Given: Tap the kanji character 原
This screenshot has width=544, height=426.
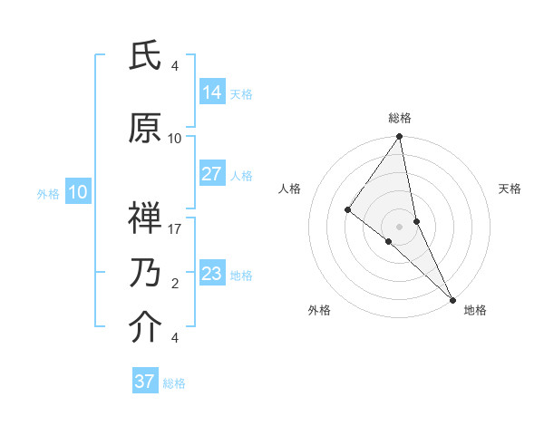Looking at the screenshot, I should [x=145, y=129].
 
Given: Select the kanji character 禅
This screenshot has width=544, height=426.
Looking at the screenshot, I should [x=145, y=218].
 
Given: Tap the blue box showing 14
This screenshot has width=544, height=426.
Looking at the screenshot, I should [x=211, y=92].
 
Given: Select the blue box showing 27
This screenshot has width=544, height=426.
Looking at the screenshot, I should [x=211, y=174].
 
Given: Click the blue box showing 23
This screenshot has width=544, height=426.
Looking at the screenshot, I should [x=211, y=274].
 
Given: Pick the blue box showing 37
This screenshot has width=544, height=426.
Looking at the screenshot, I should [x=145, y=382].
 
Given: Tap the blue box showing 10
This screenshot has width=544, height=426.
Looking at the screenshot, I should [x=77, y=192].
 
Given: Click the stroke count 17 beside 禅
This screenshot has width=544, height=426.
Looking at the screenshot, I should [x=175, y=228].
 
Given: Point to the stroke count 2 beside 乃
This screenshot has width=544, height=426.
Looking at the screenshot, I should [x=175, y=284].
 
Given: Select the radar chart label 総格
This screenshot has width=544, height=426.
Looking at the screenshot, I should [x=400, y=118].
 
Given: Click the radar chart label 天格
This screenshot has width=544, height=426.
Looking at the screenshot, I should [x=510, y=189].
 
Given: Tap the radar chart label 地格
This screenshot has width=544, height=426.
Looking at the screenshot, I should [x=475, y=310].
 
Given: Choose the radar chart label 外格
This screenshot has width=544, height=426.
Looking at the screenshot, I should [x=319, y=310].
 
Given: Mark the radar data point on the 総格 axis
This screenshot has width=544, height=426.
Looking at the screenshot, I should [x=399, y=137].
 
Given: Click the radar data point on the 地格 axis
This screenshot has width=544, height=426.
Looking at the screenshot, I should [x=452, y=297].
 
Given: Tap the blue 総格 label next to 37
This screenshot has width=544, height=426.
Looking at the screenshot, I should [x=174, y=383].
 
